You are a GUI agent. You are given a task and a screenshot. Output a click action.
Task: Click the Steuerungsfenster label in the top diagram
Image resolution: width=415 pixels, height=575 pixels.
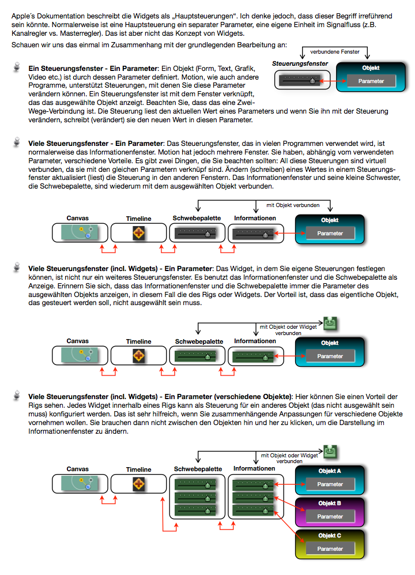[300, 63]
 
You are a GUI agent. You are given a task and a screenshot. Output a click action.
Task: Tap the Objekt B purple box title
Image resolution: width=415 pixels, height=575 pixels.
[330, 503]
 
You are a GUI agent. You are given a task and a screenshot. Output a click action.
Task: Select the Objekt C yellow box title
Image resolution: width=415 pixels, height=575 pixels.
[330, 535]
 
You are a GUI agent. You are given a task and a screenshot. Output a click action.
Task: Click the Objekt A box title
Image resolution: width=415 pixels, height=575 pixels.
[330, 471]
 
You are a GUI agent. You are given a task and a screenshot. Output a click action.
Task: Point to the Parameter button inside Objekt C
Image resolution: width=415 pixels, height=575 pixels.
[330, 548]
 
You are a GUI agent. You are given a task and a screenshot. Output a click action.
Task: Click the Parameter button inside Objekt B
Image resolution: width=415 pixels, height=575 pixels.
[330, 516]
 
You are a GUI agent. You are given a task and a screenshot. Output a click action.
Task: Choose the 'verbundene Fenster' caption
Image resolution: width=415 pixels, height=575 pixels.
[335, 52]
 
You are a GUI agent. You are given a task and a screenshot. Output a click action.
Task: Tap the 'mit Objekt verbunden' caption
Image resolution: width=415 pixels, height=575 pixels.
[293, 205]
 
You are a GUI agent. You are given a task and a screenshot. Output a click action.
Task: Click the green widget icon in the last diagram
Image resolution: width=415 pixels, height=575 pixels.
[330, 452]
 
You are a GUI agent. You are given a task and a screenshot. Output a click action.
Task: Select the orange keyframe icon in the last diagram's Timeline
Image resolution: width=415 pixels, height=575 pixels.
[138, 484]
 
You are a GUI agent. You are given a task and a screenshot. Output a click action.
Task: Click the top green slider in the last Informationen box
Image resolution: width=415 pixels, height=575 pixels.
[254, 484]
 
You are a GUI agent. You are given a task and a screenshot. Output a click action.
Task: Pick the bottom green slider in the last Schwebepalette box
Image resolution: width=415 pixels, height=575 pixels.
[195, 510]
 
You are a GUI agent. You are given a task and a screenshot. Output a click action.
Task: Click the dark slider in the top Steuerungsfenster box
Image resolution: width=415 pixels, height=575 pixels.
[299, 80]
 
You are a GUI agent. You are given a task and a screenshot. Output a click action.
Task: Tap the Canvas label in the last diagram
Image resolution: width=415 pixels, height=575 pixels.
[77, 469]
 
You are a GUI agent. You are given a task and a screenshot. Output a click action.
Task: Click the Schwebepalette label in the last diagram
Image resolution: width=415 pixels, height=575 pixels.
[198, 469]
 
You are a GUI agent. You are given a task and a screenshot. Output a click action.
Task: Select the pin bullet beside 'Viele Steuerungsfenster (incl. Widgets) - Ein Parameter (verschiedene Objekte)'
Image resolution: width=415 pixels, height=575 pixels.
[17, 395]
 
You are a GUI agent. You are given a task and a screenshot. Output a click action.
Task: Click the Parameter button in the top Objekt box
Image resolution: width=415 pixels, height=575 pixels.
[371, 81]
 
